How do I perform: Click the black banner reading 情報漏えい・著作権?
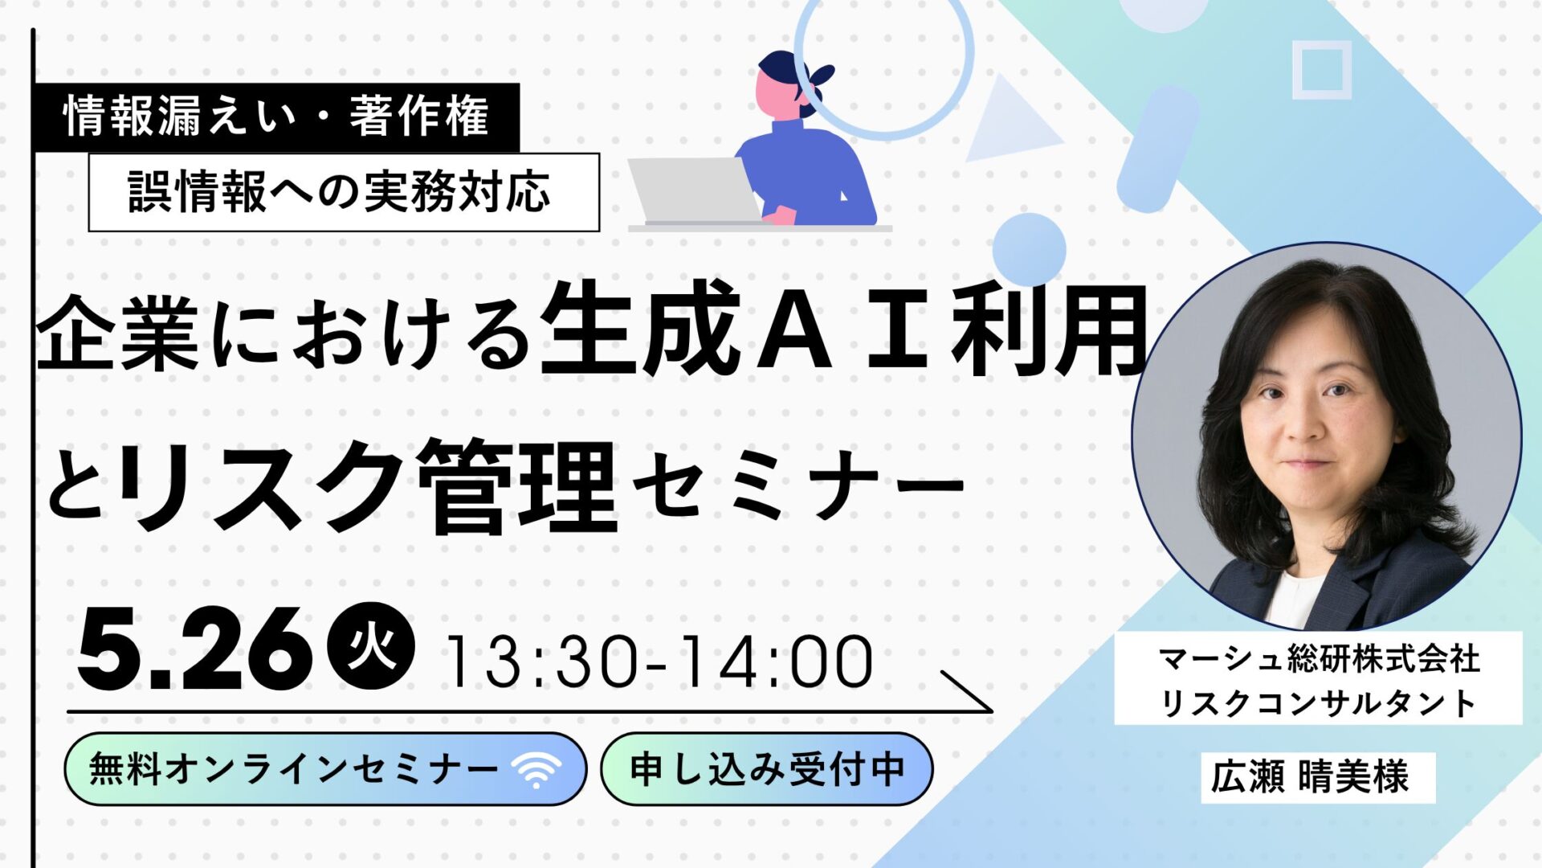click(x=277, y=117)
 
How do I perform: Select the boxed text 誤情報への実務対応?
click(x=344, y=192)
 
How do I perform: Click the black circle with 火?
click(x=371, y=646)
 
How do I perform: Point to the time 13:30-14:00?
click(x=659, y=662)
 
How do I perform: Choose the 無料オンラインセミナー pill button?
click(x=325, y=769)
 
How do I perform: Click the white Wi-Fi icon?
click(x=536, y=770)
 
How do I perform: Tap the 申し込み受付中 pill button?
click(x=767, y=769)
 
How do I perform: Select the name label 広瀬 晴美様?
click(x=1318, y=776)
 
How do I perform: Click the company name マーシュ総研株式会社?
click(x=1319, y=660)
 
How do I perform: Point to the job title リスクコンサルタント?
click(x=1319, y=703)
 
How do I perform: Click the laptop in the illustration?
click(x=696, y=191)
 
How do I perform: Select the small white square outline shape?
click(x=1322, y=70)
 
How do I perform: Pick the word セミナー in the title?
click(x=798, y=485)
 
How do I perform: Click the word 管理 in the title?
click(x=518, y=486)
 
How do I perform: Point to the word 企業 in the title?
click(x=117, y=333)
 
